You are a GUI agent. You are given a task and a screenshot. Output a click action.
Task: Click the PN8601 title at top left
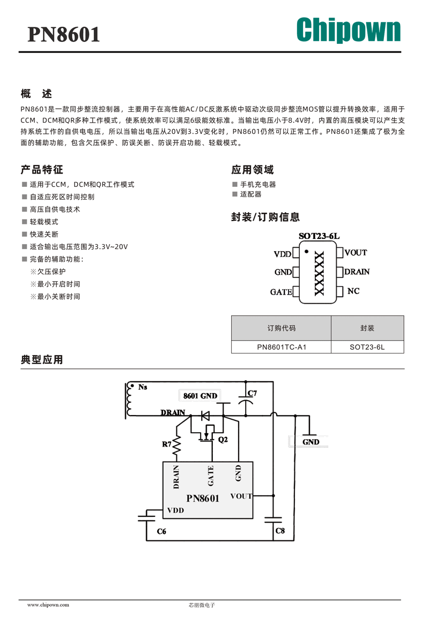(x=64, y=34)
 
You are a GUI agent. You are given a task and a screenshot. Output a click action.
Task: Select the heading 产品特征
(x=42, y=170)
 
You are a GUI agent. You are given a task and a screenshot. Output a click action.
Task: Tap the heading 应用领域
(x=253, y=170)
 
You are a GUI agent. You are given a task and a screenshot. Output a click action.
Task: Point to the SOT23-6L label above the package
(x=319, y=236)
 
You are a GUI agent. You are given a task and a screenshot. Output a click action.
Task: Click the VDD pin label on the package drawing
(x=282, y=254)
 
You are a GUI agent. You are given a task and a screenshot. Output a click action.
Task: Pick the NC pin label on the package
(x=353, y=291)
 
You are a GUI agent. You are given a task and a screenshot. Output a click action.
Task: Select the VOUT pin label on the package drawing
(x=356, y=253)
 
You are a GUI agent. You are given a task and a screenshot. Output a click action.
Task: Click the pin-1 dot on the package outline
(x=307, y=252)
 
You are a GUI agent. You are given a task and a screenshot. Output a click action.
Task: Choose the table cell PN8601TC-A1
(x=282, y=347)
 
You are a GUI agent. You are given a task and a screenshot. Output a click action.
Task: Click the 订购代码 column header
(x=282, y=328)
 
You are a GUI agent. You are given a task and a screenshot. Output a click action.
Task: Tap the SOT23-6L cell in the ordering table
(x=367, y=347)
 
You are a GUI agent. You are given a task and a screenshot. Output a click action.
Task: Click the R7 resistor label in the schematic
(x=167, y=444)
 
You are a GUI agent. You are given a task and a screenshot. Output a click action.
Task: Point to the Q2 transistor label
(x=223, y=440)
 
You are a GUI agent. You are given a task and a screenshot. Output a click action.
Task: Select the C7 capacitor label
(x=252, y=393)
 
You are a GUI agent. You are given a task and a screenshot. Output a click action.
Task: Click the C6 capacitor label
(x=161, y=531)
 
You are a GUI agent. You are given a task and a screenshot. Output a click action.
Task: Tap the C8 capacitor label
(x=280, y=531)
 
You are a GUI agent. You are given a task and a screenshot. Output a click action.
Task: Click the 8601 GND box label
(x=200, y=396)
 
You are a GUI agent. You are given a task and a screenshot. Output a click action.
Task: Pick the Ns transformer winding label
(x=143, y=387)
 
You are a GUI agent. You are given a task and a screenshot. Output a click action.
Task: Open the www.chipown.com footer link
(x=48, y=605)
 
